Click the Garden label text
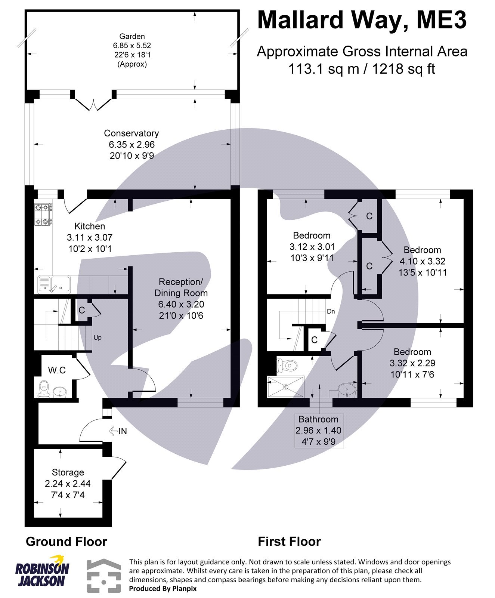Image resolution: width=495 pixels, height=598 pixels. pos(132,37)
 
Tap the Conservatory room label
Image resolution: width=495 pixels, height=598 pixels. pos(131,133)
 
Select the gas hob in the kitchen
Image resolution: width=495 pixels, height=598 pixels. pos(43,215)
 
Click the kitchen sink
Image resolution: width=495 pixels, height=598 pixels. pos(54,284)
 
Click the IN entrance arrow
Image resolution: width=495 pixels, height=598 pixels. pos(118,431)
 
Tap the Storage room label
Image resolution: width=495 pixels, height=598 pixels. pos(68,472)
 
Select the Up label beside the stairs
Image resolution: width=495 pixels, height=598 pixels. pos(98,337)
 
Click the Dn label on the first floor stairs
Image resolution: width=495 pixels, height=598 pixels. pos(331,311)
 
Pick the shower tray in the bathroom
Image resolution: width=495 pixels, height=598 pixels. pos(286,386)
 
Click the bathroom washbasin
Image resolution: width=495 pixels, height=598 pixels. pos(347,391)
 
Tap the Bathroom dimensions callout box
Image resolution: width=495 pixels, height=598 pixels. pos(319,431)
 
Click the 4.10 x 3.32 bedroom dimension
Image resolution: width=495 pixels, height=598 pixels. pos(422,261)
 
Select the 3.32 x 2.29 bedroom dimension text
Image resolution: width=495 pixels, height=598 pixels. pos(412,363)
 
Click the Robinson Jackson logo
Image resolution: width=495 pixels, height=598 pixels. pos(42,573)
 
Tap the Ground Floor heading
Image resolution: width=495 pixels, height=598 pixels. pos(66,542)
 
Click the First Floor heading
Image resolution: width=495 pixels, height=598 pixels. pos(289,542)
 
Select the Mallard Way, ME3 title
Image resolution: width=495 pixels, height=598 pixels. pos(362,20)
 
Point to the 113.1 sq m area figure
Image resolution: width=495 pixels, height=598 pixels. pos(322,69)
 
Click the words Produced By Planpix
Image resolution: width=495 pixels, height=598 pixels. pos(163,589)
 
